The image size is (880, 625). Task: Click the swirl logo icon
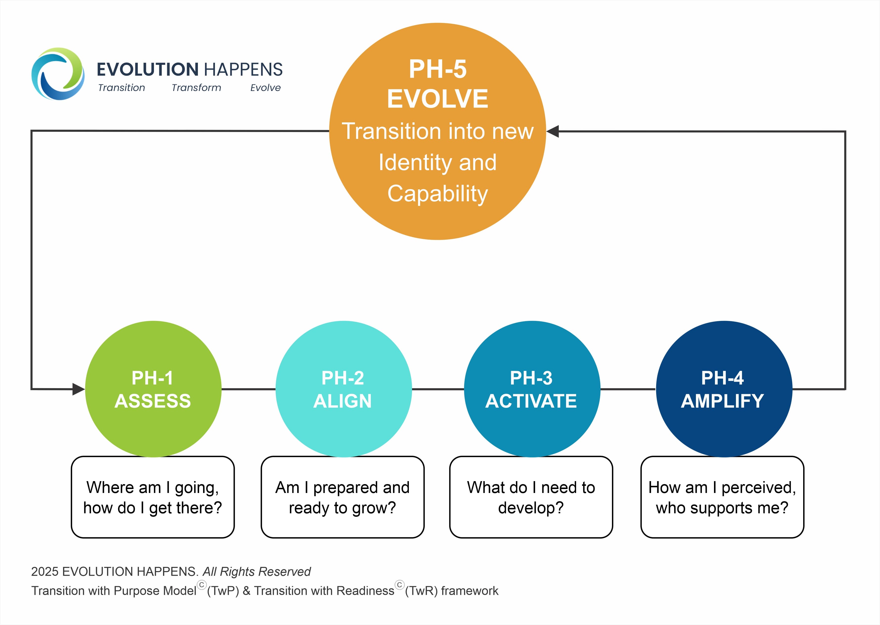[58, 74]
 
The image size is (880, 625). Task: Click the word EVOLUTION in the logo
[147, 70]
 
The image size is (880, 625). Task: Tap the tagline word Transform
[196, 88]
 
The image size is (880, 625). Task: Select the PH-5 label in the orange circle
[438, 69]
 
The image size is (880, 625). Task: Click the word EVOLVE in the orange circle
[438, 99]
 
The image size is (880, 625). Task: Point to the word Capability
[438, 194]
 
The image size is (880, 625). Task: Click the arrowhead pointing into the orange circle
[553, 131]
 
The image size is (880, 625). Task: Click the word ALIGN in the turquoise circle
[342, 401]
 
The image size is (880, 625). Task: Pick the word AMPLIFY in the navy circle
[722, 401]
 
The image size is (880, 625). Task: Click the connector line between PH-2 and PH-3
[438, 389]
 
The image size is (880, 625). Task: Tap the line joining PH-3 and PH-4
[628, 389]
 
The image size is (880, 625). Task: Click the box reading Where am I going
[153, 497]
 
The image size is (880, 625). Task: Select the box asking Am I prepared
[342, 497]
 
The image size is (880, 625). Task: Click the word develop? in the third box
[531, 508]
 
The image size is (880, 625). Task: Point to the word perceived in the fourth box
[758, 488]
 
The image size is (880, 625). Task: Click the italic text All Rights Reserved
[256, 572]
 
